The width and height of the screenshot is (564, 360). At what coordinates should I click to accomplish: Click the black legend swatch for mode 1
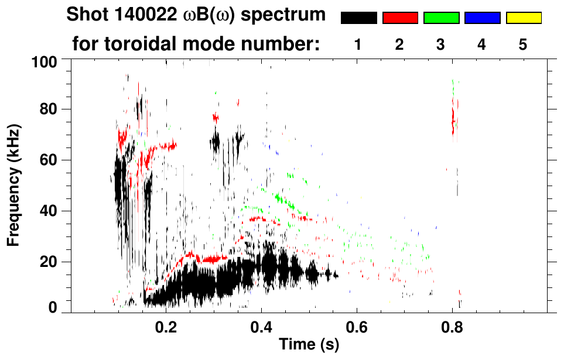point(359,18)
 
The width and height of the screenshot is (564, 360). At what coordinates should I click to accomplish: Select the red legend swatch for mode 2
point(400,18)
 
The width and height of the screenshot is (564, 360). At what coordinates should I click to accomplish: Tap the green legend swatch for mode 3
point(441,18)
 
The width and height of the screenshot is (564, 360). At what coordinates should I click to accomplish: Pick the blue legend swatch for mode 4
point(482,18)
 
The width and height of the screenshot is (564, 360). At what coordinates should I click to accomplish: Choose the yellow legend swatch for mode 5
point(523,18)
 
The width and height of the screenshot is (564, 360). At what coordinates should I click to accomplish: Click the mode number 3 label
point(441,44)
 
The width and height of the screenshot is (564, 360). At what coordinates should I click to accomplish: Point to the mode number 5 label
point(523,44)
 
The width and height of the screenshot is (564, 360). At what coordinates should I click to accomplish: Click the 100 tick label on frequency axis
point(44,61)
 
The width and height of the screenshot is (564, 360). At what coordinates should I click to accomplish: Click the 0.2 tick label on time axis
point(166,327)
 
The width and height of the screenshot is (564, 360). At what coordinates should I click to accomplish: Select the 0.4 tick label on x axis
point(262,327)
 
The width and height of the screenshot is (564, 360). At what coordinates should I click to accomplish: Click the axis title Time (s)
point(308,345)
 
